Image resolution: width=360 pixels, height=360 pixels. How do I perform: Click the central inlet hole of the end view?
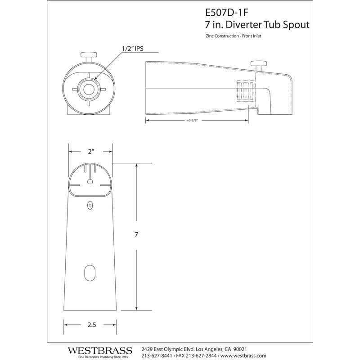pyautogui.click(x=88, y=88)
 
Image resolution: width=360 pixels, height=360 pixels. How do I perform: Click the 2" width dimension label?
pyautogui.click(x=90, y=151)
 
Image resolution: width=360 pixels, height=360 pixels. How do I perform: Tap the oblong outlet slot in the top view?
pyautogui.click(x=90, y=273)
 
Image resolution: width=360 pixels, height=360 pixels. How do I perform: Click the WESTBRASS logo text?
pyautogui.click(x=100, y=350)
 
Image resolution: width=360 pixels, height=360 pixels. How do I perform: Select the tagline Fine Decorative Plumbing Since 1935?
pyautogui.click(x=100, y=357)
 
